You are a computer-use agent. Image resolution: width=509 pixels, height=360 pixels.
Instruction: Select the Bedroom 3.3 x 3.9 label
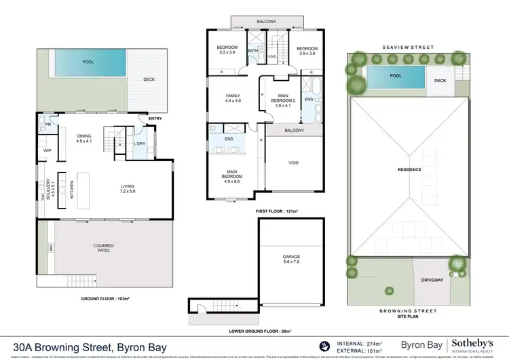227,50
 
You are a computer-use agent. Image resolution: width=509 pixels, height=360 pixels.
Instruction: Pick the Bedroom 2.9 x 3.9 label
307,50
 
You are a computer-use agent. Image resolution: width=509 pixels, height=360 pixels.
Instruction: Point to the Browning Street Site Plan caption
408,313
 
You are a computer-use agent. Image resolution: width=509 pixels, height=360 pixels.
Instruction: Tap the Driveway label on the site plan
432,279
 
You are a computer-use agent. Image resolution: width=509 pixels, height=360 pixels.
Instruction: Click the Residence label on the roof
409,169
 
